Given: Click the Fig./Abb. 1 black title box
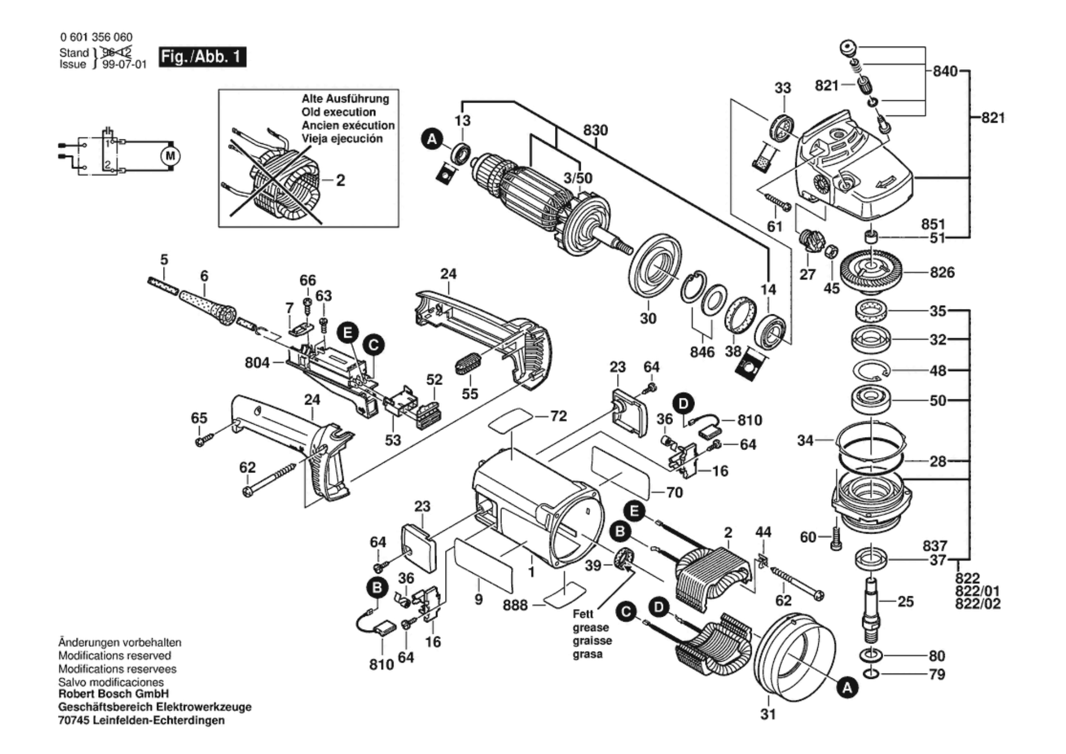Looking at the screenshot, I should [x=202, y=57].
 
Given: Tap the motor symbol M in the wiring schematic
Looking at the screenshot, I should [x=171, y=156].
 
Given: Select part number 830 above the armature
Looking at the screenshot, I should [x=595, y=130].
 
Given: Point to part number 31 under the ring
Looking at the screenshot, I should [x=768, y=714].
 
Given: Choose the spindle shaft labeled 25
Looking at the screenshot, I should [x=873, y=606].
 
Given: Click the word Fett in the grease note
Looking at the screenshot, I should [x=583, y=614].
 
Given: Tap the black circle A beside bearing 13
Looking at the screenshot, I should [x=432, y=139].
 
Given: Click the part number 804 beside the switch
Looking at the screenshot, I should [x=257, y=363].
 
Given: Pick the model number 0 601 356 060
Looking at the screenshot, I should [x=96, y=37].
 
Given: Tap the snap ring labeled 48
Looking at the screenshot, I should [x=871, y=370].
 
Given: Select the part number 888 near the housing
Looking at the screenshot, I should [x=515, y=605].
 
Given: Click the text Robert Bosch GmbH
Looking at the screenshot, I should [x=113, y=694].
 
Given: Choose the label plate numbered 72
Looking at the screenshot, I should [x=510, y=419].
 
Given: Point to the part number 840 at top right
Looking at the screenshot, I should [x=945, y=71].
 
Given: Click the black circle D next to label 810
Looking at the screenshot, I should [x=683, y=403].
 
